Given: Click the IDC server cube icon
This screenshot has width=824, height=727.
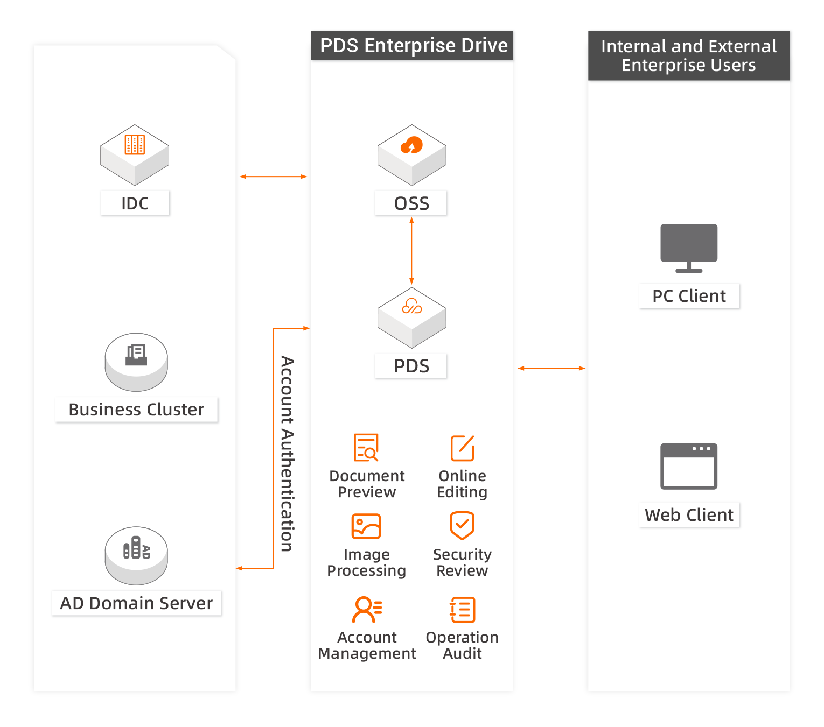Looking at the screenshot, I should point(135,154).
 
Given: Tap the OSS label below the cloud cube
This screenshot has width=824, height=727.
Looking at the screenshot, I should point(411,203).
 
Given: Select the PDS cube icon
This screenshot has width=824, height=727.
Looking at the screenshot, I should point(411,317).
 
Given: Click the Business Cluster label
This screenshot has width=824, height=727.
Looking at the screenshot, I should point(136,410).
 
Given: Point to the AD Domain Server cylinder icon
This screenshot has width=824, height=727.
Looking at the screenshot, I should point(136,555).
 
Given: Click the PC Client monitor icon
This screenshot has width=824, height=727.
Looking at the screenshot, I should point(689,248).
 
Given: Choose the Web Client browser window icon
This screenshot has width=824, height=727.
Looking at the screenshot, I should point(689,466).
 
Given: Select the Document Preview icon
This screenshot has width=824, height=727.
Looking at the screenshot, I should point(366,447).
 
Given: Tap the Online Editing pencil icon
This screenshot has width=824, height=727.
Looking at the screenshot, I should point(462,448).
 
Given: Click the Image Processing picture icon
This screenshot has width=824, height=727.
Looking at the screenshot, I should point(366,526).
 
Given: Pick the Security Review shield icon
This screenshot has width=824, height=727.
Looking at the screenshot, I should point(462,525).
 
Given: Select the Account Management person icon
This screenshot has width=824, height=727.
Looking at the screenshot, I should point(367,609).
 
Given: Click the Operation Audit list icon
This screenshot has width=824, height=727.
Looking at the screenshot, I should point(463,610).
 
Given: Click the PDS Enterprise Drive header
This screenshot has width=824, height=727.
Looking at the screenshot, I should point(413,46).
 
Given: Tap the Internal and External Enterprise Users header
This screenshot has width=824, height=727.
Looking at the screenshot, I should point(689,55).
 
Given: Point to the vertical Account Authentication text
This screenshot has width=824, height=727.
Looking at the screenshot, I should point(287,454).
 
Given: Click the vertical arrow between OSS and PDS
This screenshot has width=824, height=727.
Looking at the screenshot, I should point(411,251).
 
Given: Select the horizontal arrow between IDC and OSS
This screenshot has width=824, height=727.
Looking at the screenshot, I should point(273,177).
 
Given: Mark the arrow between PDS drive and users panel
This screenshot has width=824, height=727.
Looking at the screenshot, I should point(551,368).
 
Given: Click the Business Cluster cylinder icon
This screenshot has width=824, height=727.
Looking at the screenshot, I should point(136,361).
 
